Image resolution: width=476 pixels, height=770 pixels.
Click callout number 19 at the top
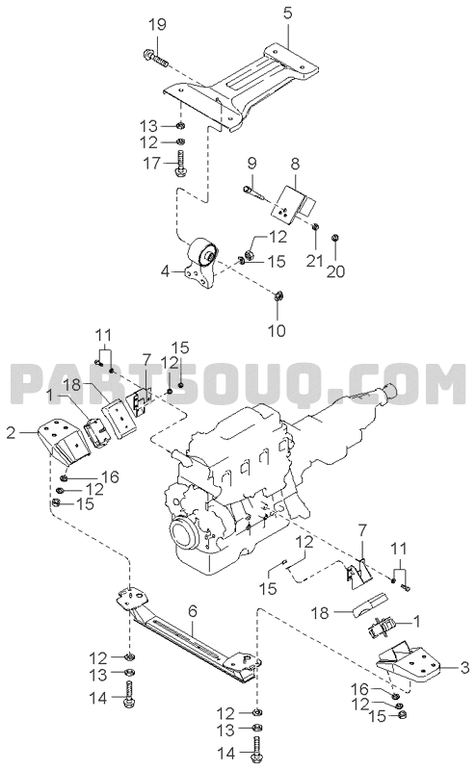tap(157, 24)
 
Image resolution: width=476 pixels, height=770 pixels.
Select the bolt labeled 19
tap(155, 57)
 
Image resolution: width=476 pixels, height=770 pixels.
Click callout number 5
tap(288, 13)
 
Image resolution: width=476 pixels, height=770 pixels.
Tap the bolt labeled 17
tap(180, 164)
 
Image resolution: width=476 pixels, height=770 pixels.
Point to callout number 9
tap(251, 162)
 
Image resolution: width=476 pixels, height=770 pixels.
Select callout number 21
tap(314, 260)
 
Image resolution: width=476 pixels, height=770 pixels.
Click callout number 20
tap(337, 270)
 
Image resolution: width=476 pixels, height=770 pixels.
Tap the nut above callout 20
tap(335, 237)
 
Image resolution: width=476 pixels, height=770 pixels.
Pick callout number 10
tap(278, 330)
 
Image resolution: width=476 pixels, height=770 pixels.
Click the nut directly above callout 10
tap(278, 295)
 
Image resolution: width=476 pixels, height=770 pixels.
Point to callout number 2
tap(12, 432)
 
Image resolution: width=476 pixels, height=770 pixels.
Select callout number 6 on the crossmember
tap(193, 611)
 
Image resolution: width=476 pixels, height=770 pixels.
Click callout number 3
tap(464, 667)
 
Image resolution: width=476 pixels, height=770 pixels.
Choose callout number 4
tap(166, 270)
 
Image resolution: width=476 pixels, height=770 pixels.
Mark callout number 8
tap(295, 164)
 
